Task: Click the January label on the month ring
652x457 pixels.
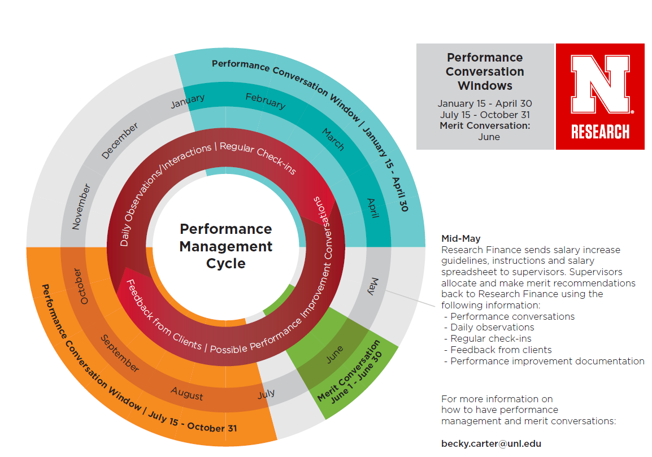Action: click(x=188, y=101)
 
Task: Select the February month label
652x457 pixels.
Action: click(x=266, y=101)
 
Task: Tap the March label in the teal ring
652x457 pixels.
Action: click(x=333, y=140)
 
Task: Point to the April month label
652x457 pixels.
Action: click(x=372, y=208)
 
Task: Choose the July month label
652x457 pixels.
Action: click(x=266, y=393)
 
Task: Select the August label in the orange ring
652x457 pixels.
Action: click(x=187, y=393)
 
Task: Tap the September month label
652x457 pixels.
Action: click(x=120, y=353)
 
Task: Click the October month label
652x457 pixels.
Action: click(x=81, y=286)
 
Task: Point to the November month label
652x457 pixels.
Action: click(x=81, y=207)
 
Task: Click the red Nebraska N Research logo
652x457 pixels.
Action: click(x=600, y=97)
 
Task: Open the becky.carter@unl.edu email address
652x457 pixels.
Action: click(x=491, y=443)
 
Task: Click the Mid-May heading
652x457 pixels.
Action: click(x=460, y=239)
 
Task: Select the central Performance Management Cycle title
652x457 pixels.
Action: click(x=226, y=246)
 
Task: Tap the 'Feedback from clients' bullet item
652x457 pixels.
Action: click(x=501, y=350)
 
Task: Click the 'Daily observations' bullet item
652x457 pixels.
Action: click(x=492, y=328)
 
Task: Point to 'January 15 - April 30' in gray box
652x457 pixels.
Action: click(x=485, y=104)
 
